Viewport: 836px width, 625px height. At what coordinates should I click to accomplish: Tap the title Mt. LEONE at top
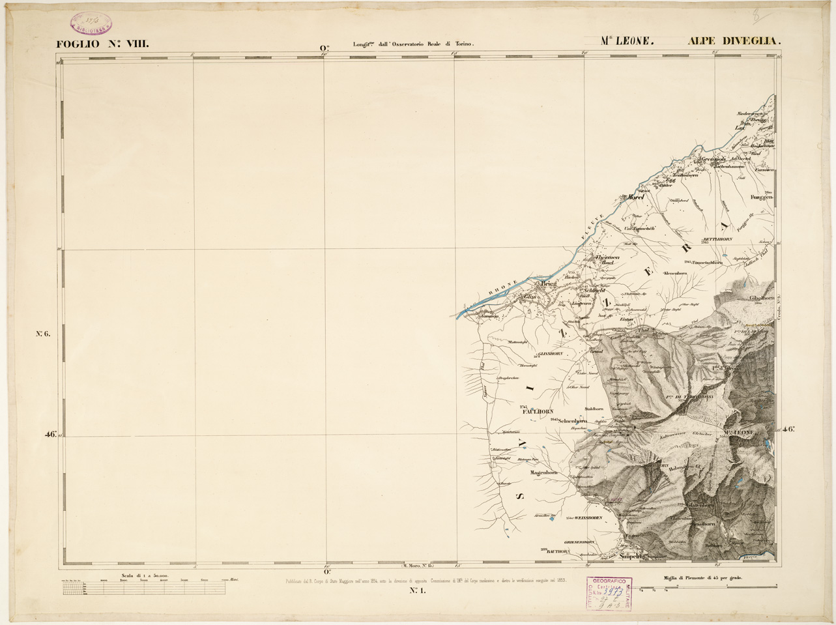point(626,40)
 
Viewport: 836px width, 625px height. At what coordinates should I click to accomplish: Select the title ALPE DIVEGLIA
point(734,40)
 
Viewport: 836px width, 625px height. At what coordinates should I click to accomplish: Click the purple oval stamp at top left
point(91,22)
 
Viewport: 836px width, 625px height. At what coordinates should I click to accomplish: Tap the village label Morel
point(635,196)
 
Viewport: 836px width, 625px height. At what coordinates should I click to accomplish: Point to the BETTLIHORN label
point(718,239)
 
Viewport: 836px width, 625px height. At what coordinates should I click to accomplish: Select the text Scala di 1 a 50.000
point(145,576)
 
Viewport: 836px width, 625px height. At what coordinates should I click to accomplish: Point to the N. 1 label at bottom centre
point(417,591)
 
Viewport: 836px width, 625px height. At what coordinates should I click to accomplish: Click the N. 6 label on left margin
point(43,334)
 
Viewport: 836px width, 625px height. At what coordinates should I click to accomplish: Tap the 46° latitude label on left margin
point(51,436)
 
